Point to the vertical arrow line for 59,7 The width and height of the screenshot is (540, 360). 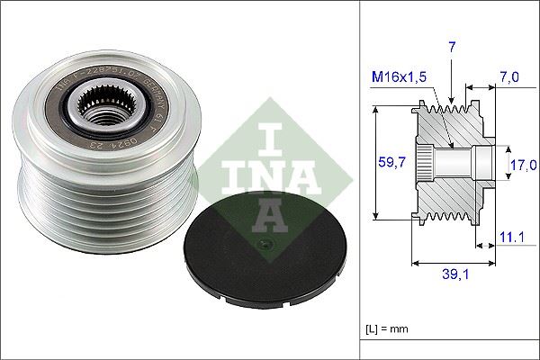point(376,162)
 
